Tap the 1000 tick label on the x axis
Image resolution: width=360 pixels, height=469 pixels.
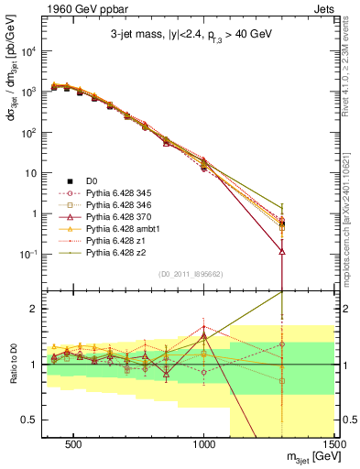[204, 444]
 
